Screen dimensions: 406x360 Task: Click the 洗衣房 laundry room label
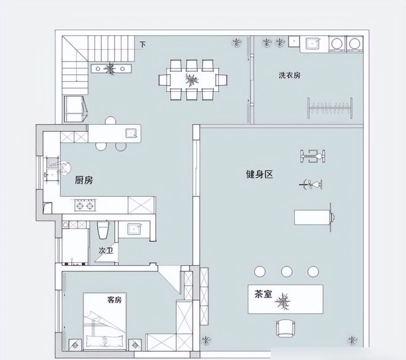(x=289, y=76)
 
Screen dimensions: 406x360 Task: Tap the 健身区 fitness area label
(x=259, y=174)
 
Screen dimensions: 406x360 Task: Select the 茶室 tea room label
(x=263, y=294)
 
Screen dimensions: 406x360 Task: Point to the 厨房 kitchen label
(x=84, y=180)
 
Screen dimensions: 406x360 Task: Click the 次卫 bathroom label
(x=106, y=250)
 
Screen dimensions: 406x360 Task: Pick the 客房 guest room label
(x=114, y=300)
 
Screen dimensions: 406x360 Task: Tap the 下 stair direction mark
(x=143, y=45)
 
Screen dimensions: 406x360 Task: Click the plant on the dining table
(x=192, y=80)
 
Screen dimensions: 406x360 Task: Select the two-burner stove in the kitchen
(x=84, y=205)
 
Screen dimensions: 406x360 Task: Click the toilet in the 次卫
(x=104, y=230)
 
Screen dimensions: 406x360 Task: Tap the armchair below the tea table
(x=286, y=328)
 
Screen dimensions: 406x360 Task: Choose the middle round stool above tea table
(x=287, y=272)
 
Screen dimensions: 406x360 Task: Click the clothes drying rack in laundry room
(x=330, y=108)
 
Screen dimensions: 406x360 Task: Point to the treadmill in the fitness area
(x=315, y=218)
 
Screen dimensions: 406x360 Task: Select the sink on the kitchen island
(x=132, y=133)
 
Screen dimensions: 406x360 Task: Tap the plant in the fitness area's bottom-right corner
(x=352, y=340)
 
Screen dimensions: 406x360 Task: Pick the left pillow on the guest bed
(x=95, y=341)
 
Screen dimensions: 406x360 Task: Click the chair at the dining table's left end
(x=164, y=80)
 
